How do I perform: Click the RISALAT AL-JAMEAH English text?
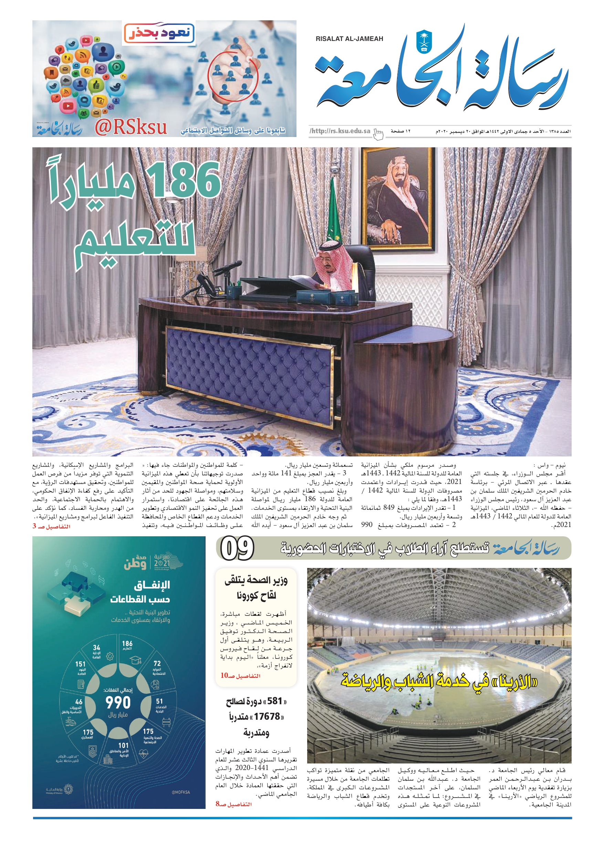point(349,39)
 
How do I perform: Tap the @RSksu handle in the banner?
point(131,128)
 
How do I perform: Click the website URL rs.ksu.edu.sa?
point(340,131)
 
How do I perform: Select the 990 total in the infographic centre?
point(118,703)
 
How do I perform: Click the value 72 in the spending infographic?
point(157,663)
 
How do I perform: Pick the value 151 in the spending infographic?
point(80,664)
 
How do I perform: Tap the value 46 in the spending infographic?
point(79,702)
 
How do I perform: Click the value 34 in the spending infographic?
point(96,647)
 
